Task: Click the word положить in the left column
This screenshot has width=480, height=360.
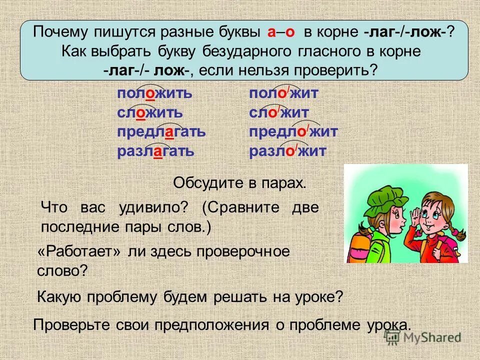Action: pos(154,94)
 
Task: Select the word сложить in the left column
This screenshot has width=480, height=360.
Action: pos(149,113)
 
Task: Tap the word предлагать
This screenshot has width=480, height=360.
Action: pos(161,132)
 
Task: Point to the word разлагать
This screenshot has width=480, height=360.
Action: pos(155,151)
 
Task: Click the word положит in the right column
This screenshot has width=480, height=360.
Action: pos(283,94)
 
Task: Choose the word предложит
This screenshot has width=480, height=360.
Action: pos(293,132)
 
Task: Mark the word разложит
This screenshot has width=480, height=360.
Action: pos(287,151)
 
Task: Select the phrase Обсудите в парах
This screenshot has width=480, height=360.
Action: pos(239,183)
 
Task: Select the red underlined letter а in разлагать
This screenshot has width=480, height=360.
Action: pos(157,151)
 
